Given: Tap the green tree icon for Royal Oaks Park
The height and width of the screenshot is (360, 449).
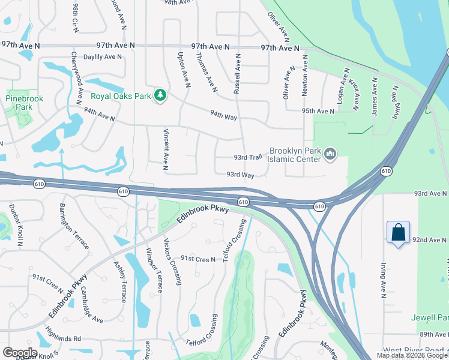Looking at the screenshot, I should coord(160,95).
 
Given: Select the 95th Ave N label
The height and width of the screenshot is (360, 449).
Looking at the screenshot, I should coord(318,111).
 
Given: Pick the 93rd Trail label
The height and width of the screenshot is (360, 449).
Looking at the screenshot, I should coord(249,157).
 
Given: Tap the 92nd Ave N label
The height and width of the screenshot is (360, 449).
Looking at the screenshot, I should coord(430,240).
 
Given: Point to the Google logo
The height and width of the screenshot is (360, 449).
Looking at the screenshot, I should coord(20,352).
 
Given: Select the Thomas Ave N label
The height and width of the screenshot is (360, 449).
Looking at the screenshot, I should coord(205,73).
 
